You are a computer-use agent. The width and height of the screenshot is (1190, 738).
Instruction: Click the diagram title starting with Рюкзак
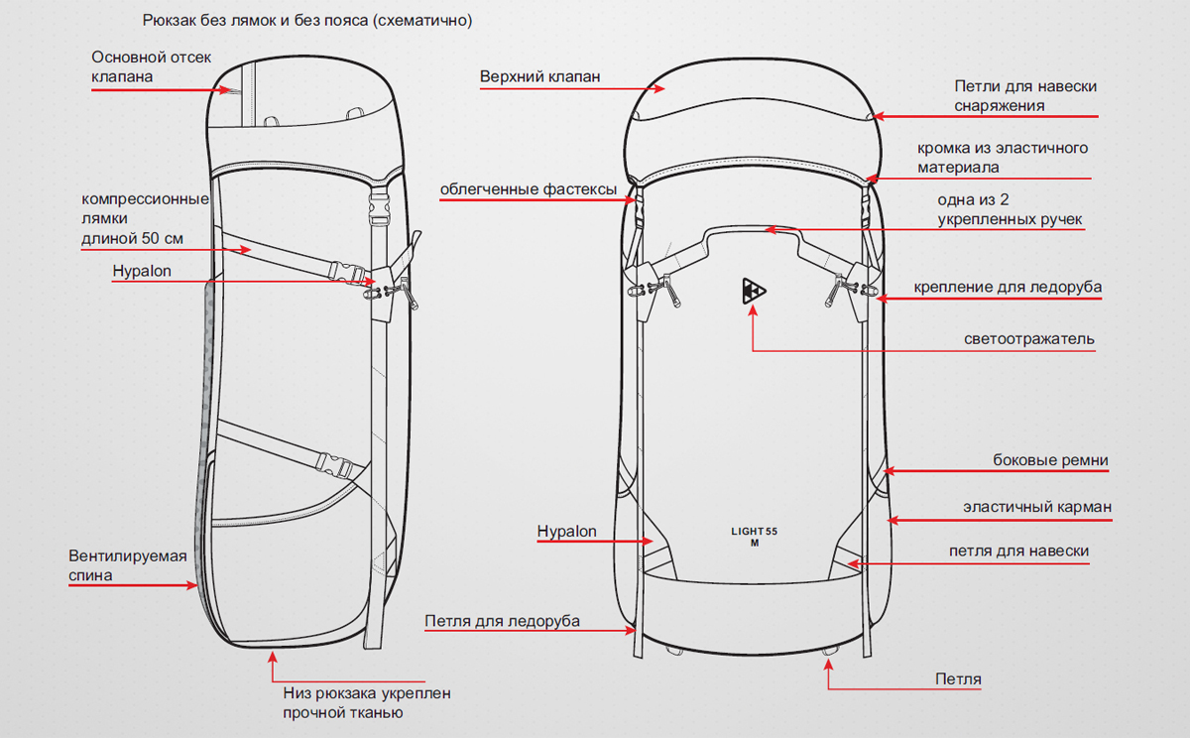[307, 21]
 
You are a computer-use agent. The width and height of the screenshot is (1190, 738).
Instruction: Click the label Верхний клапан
[539, 76]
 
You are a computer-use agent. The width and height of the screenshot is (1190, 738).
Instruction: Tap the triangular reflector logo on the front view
[754, 290]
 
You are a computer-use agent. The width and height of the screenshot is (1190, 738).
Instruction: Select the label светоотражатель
[1029, 339]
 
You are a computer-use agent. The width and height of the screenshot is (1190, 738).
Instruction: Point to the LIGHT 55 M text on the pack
[755, 537]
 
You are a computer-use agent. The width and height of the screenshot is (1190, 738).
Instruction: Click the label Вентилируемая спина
[127, 564]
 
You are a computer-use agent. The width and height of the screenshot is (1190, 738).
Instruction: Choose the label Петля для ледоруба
[502, 622]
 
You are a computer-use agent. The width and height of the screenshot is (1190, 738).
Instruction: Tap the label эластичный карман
[1037, 507]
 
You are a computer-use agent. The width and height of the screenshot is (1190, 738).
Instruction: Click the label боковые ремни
[1050, 460]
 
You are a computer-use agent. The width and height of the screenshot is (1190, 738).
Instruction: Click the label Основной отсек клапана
[151, 66]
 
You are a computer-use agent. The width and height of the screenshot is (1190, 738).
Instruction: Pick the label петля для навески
[1018, 552]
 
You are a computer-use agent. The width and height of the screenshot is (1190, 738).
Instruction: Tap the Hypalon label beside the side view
[142, 270]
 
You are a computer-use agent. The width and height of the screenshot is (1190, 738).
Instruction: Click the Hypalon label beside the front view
[566, 532]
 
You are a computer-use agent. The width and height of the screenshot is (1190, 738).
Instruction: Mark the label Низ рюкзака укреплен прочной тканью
[359, 703]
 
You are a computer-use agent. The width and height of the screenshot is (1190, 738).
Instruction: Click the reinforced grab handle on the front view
[754, 230]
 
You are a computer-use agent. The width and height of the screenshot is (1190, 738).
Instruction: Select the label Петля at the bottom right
[958, 679]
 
